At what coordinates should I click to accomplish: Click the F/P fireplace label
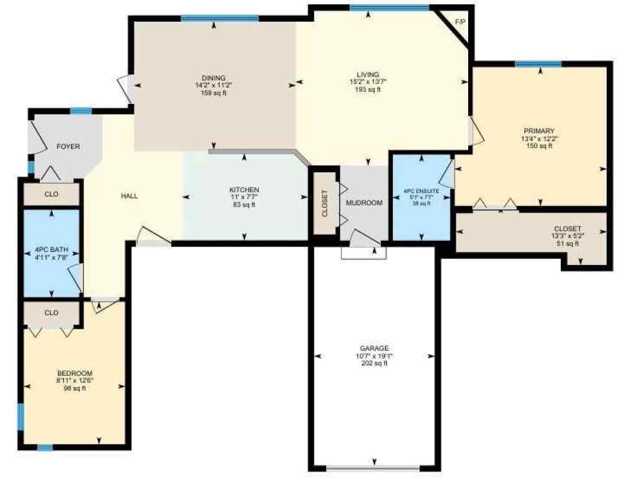460,22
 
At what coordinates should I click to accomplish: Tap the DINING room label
213,78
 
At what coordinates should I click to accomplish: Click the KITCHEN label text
244,190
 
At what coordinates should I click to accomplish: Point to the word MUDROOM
364,203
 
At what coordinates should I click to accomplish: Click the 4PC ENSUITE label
421,190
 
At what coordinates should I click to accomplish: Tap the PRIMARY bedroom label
539,131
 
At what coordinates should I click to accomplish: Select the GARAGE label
374,348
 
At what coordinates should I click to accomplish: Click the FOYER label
68,147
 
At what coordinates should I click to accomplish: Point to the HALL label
129,196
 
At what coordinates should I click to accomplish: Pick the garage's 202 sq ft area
374,363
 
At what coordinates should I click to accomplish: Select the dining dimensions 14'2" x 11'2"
213,85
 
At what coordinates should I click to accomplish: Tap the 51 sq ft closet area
567,244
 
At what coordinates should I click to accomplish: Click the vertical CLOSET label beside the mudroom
324,203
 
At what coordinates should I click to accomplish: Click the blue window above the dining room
220,18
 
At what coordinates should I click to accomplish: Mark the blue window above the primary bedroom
538,63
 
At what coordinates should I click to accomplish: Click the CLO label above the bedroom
52,312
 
